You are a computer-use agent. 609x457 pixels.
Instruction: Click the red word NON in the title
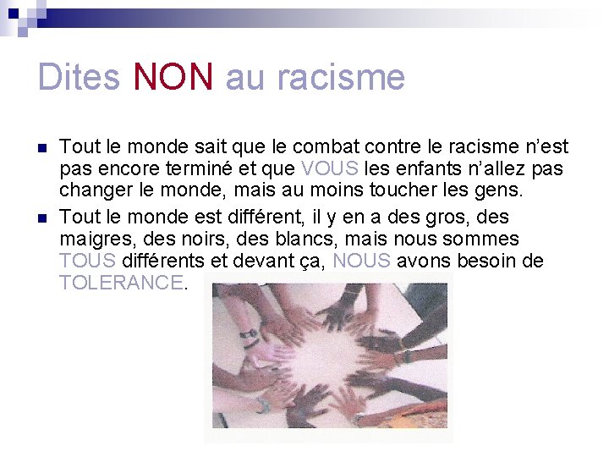pos(173,77)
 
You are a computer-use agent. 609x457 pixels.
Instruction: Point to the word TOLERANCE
pos(121,283)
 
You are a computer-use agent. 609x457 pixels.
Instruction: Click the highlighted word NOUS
pos(362,261)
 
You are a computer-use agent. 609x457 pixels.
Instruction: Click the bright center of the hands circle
pos(326,360)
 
